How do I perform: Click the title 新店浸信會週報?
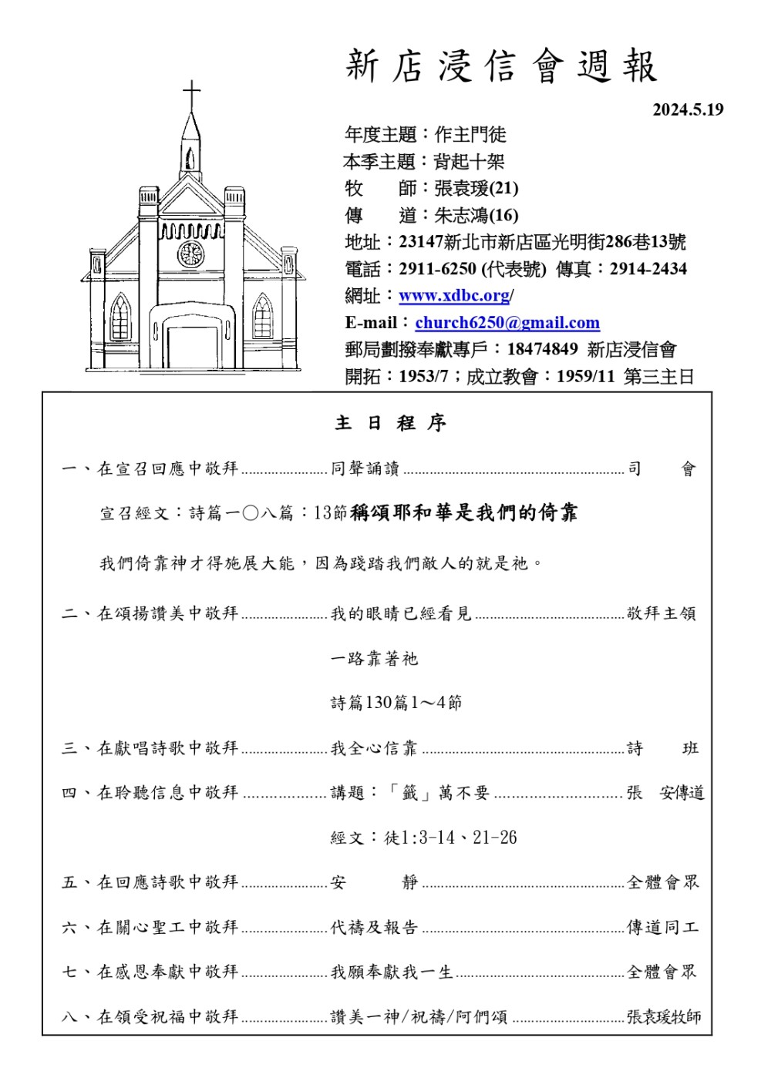tap(501, 66)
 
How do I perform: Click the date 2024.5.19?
tap(688, 109)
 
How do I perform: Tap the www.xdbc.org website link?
tap(454, 296)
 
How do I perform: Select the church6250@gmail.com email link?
tap(507, 323)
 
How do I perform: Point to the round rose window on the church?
tap(190, 254)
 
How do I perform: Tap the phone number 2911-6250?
tap(437, 269)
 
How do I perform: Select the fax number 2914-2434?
tap(648, 269)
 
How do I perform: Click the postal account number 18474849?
tap(542, 349)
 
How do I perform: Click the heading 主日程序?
tap(390, 423)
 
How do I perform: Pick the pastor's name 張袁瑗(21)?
tap(476, 188)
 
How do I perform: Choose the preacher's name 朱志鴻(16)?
tap(476, 215)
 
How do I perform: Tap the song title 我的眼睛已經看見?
tap(400, 613)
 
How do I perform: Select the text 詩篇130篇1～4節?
tap(396, 703)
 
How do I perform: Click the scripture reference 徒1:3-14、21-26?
tap(450, 838)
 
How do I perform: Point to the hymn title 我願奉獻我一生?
tap(392, 972)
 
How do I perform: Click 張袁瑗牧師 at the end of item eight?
tap(664, 1017)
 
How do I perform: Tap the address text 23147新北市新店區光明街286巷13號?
tap(542, 242)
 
